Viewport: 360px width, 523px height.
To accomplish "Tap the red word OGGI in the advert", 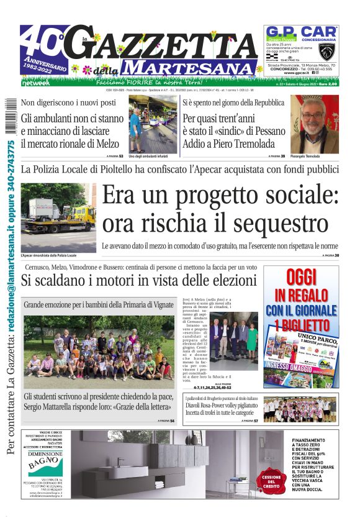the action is [301, 278].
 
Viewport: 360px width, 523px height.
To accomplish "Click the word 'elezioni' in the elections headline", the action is [225, 281].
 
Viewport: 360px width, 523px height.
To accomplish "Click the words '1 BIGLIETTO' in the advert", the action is [301, 325].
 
